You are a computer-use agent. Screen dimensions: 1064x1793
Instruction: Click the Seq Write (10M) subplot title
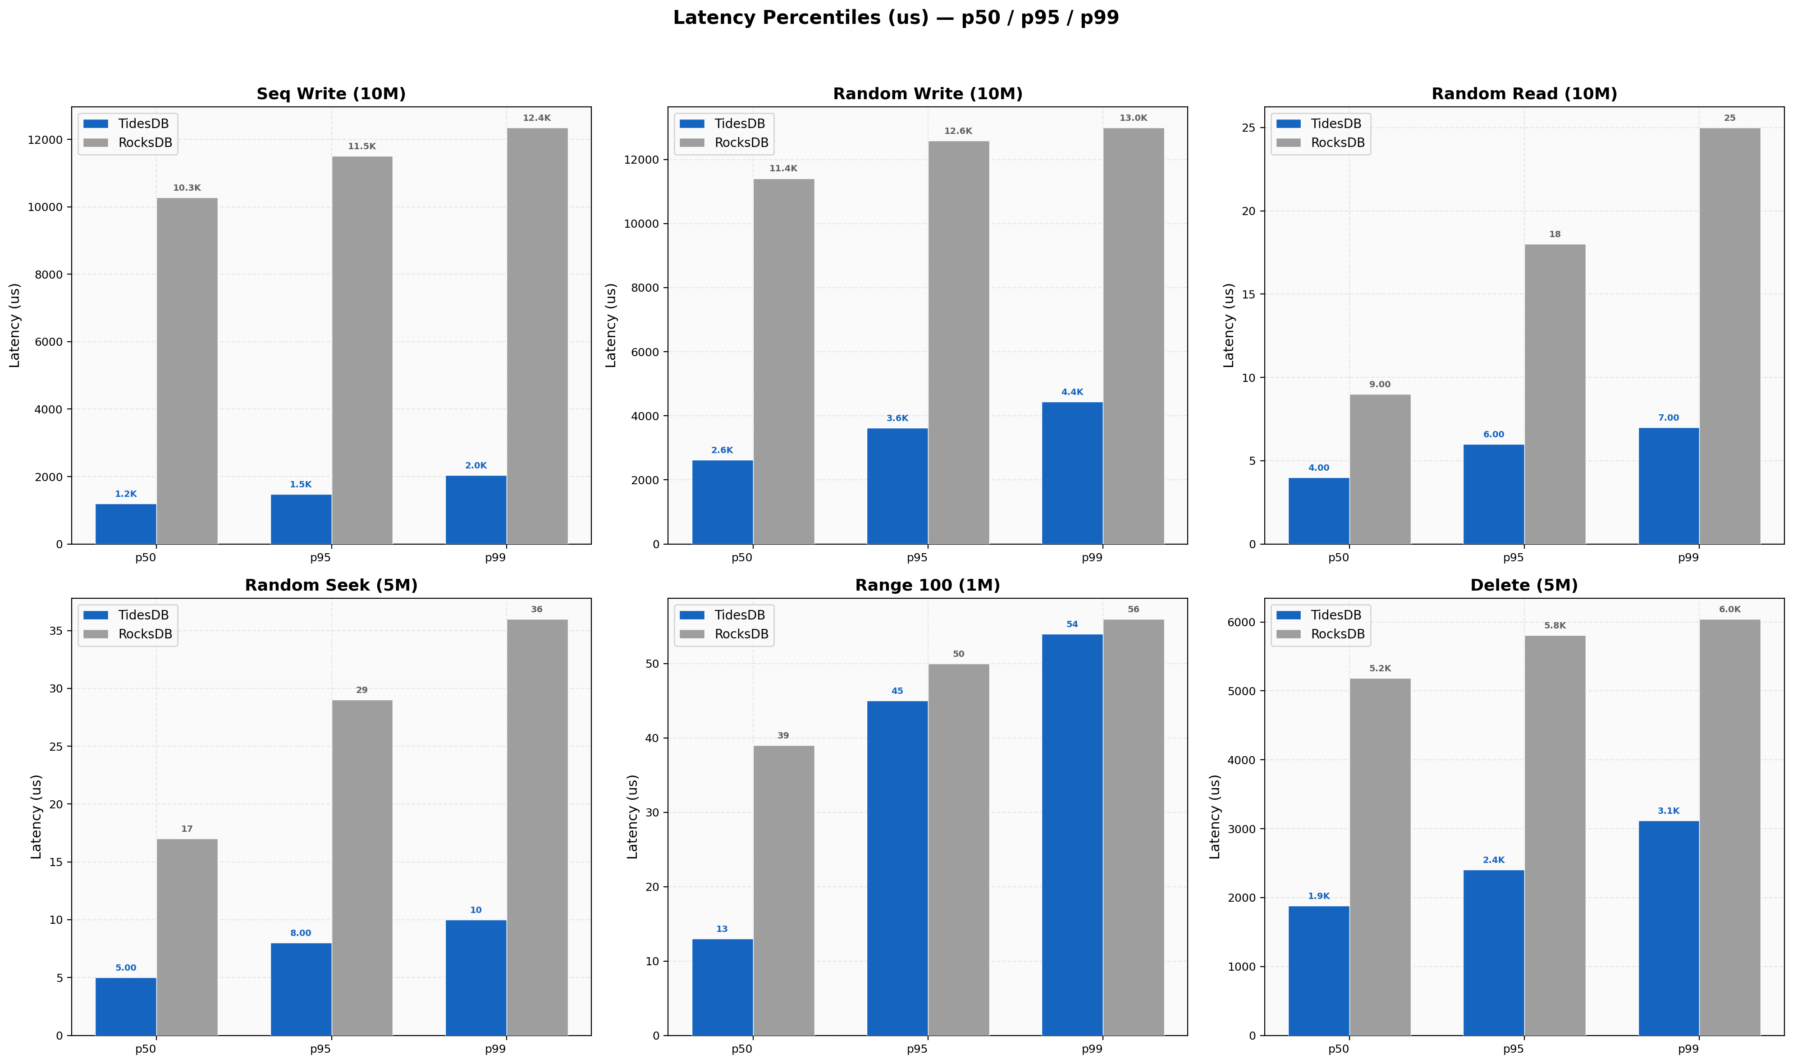[331, 94]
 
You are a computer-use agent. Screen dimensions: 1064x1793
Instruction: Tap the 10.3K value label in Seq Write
[187, 188]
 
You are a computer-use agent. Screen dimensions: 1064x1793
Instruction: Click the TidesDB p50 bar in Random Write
[723, 502]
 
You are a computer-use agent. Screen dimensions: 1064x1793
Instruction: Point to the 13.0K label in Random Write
[1133, 118]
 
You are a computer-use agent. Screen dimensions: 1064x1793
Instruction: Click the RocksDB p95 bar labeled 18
[1555, 394]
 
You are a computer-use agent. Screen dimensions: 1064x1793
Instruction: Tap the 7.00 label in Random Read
[1668, 418]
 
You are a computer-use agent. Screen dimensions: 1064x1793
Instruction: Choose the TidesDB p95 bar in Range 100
[897, 867]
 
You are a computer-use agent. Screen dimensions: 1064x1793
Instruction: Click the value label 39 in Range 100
[783, 736]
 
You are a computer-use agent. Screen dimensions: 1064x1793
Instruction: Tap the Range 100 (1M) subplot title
[927, 585]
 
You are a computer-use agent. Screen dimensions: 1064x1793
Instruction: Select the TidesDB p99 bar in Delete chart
[1668, 928]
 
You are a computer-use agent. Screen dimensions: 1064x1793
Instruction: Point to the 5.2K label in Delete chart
[1380, 668]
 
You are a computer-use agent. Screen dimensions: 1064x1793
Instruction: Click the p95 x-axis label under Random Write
[917, 558]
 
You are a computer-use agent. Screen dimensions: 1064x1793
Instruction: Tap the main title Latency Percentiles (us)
[896, 18]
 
